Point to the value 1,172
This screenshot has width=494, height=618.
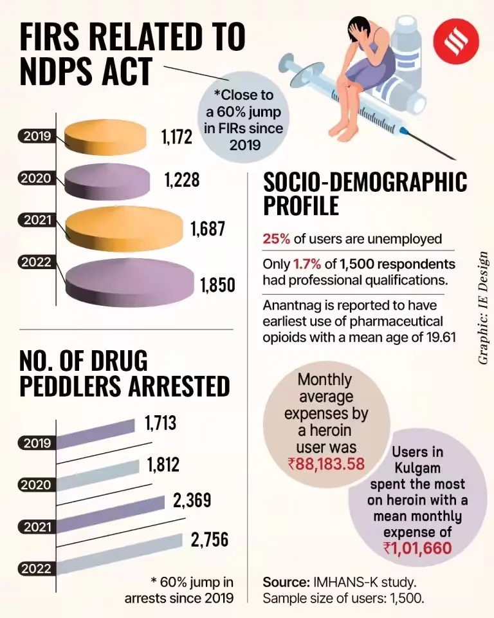pyautogui.click(x=176, y=136)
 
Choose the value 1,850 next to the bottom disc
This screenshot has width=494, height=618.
pyautogui.click(x=217, y=284)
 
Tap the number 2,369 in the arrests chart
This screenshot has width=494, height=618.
pyautogui.click(x=194, y=500)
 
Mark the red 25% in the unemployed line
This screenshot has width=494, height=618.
pyautogui.click(x=276, y=239)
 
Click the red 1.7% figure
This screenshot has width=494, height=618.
pyautogui.click(x=306, y=265)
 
